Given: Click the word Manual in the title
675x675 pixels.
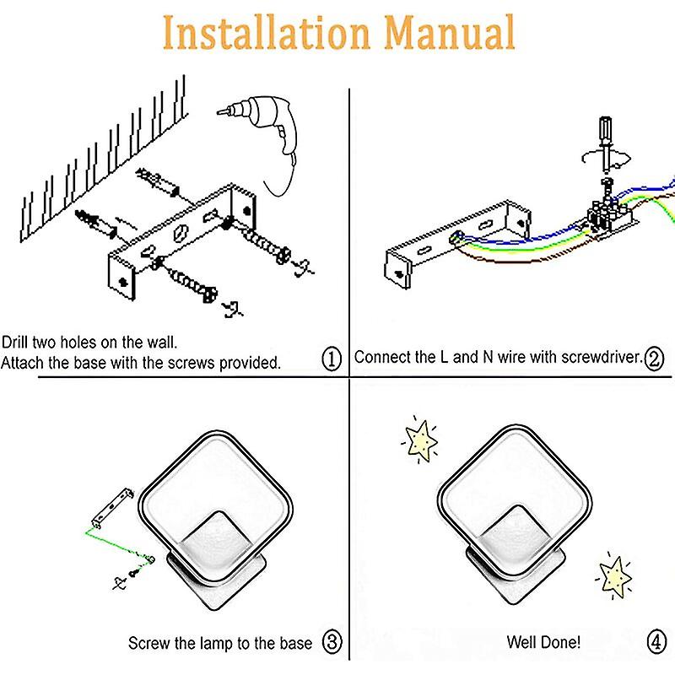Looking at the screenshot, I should (x=445, y=34).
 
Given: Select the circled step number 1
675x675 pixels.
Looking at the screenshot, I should (x=332, y=360).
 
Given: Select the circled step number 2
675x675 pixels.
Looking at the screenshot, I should (x=653, y=357).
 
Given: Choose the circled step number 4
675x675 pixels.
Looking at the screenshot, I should (x=655, y=642).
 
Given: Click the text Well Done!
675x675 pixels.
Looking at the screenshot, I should (x=543, y=643).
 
